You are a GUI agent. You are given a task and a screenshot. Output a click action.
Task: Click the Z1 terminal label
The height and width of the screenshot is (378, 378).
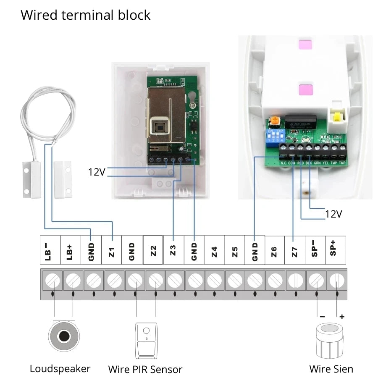pyautogui.click(x=112, y=252)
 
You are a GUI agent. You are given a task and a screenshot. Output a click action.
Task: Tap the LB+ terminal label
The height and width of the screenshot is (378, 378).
pyautogui.click(x=71, y=252)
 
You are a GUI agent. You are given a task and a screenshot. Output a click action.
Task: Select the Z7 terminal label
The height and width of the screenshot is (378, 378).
pyautogui.click(x=295, y=252)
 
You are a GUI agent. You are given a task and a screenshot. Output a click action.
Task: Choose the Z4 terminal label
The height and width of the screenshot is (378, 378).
pyautogui.click(x=214, y=252)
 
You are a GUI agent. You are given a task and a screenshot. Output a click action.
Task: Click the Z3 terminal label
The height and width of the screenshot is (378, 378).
pyautogui.click(x=173, y=252)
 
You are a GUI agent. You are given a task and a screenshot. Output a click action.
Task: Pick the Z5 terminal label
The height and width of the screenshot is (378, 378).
pyautogui.click(x=235, y=252)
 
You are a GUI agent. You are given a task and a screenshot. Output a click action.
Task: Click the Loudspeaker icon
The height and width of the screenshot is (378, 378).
pyautogui.click(x=64, y=336)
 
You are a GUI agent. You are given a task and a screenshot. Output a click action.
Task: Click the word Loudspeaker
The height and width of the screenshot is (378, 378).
pyautogui.click(x=60, y=369)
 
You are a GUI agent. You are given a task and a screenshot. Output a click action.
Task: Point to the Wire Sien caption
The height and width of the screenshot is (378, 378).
pyautogui.click(x=331, y=369)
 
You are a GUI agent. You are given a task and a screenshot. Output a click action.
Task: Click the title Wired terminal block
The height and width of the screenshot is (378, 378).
pyautogui.click(x=85, y=15)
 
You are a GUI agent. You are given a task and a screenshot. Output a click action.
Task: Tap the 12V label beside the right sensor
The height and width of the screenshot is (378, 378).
pyautogui.click(x=333, y=214)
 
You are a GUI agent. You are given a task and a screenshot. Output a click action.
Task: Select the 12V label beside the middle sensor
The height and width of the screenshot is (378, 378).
pyautogui.click(x=97, y=172)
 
